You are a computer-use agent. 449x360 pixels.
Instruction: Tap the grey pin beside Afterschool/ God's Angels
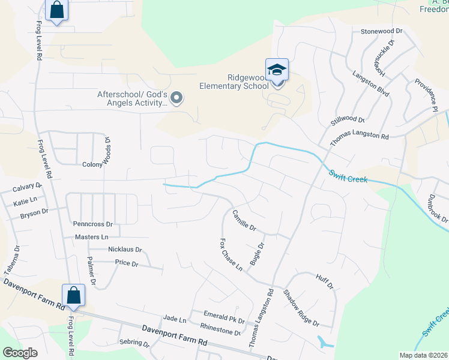[176, 97]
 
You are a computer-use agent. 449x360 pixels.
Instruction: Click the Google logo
[20, 353]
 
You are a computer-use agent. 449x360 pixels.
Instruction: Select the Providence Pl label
[424, 95]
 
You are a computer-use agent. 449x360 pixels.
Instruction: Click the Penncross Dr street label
[92, 224]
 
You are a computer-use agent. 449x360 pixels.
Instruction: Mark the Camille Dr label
[244, 220]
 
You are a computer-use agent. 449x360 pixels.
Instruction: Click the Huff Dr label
[324, 280]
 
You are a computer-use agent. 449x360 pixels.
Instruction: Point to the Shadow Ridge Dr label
[301, 308]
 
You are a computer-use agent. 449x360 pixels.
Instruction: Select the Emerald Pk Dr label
[224, 320]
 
